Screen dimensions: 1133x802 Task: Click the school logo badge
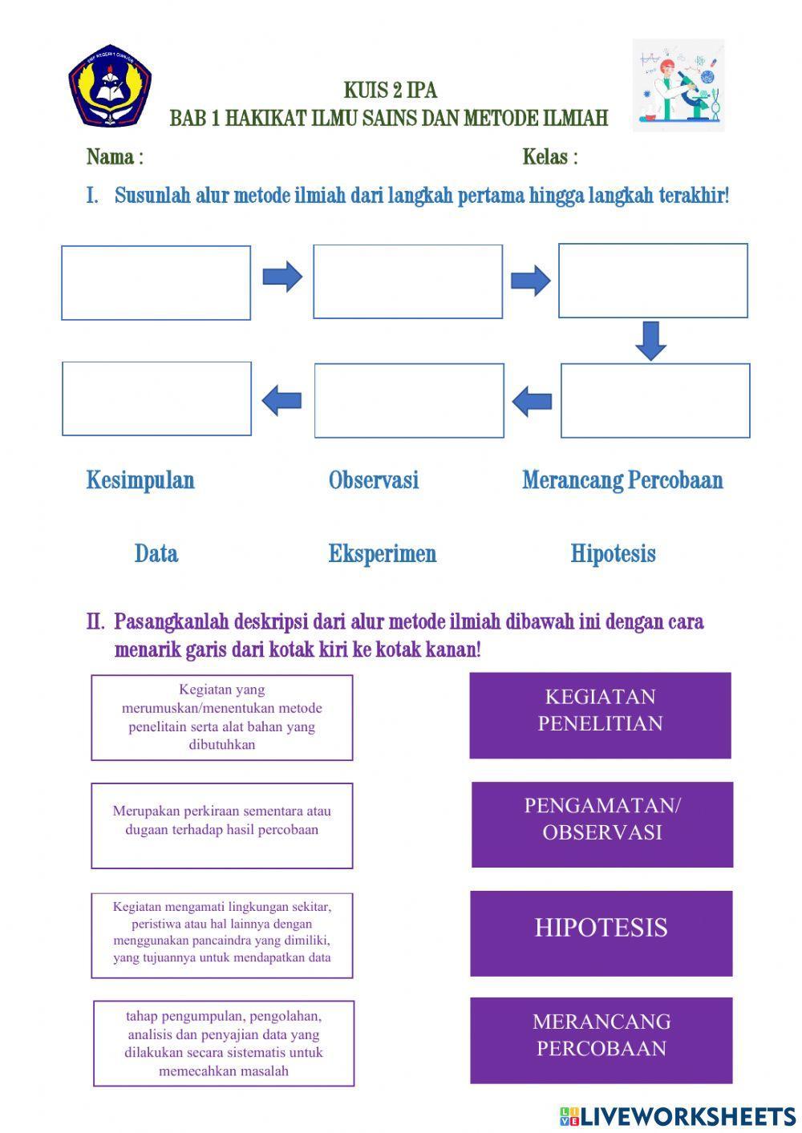point(110,87)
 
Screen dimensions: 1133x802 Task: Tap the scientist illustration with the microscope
point(678,85)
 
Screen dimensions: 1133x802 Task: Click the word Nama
point(110,157)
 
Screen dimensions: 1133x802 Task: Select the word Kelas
point(545,157)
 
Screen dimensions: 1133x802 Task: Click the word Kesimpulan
point(140,480)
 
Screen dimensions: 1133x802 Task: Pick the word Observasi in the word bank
point(374,480)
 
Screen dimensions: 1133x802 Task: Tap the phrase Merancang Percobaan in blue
point(622,480)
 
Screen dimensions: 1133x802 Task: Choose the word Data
point(156,553)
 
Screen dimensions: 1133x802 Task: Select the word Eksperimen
point(383,553)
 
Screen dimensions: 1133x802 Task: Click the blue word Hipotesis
point(614,553)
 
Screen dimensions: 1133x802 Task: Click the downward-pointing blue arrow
point(650,341)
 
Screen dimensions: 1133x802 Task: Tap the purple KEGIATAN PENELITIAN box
point(600,715)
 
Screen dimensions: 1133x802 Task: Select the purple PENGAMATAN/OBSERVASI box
point(602,824)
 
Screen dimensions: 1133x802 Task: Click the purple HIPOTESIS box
point(601,933)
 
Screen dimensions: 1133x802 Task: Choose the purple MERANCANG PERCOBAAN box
point(601,1040)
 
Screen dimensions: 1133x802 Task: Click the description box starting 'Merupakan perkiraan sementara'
point(222,825)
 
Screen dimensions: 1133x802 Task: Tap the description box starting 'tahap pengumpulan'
point(224,1043)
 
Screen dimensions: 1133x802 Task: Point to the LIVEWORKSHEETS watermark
point(678,1116)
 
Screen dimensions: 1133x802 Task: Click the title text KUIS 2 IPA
point(391,90)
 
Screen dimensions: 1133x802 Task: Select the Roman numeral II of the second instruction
point(95,621)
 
